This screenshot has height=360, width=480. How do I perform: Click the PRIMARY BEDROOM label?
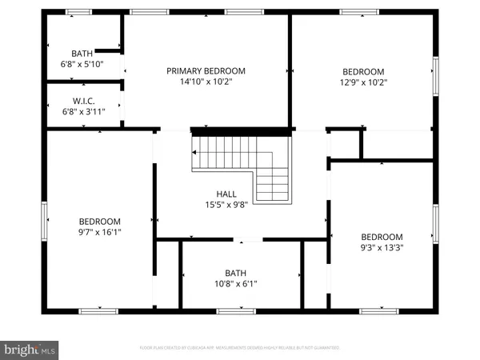206,71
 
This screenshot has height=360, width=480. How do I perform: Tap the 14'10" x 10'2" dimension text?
206,82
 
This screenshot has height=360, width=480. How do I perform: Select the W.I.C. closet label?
82,100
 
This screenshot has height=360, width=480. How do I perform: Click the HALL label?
226,194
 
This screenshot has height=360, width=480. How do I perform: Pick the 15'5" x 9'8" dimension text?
226,204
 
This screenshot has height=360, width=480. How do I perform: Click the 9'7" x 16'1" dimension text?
99,232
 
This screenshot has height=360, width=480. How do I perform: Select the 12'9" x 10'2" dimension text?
364,81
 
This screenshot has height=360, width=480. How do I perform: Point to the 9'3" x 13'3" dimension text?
382,247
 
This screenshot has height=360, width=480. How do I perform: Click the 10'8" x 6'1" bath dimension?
235,282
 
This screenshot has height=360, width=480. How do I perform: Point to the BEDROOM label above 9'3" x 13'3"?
382,237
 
